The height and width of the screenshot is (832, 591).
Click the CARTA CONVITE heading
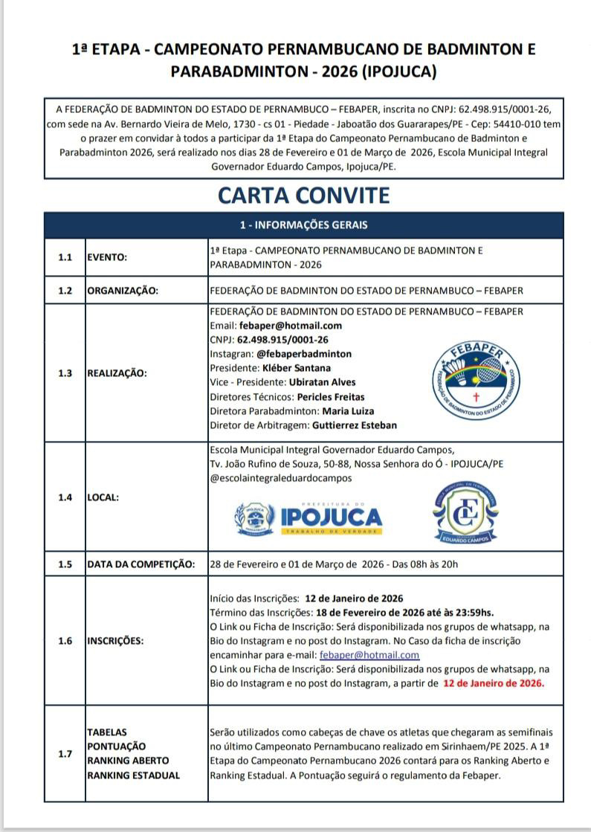[303, 196]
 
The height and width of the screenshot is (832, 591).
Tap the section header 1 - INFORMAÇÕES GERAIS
[303, 225]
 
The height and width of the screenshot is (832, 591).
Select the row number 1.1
[65, 257]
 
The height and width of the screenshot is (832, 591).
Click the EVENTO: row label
[108, 257]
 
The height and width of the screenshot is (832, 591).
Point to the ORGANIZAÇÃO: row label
[123, 291]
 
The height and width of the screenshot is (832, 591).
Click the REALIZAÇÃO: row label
[117, 373]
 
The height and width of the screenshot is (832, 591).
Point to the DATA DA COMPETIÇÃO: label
[141, 564]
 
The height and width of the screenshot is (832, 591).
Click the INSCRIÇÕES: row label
[116, 641]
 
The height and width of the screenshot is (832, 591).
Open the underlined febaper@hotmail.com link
[369, 655]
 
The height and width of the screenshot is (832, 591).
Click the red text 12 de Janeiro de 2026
[494, 683]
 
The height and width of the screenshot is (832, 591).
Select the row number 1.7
[65, 753]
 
